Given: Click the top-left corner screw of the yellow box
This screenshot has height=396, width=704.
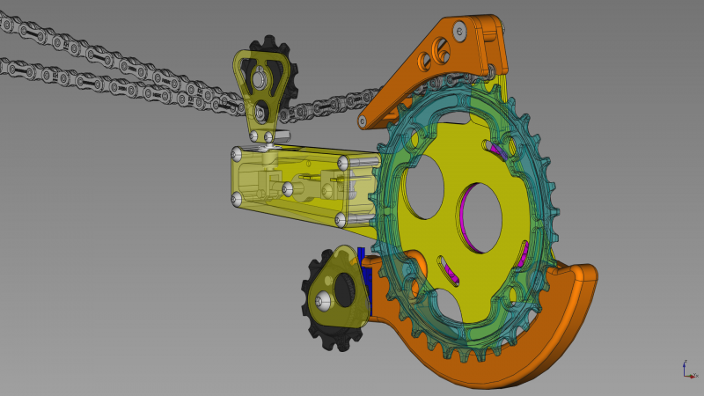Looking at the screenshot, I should click(236, 154).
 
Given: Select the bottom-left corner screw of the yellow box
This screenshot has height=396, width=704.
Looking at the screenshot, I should click(236, 202).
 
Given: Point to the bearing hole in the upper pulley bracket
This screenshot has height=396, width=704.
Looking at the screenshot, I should click(257, 81).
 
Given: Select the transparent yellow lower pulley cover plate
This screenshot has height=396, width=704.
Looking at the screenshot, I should click(339, 290).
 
